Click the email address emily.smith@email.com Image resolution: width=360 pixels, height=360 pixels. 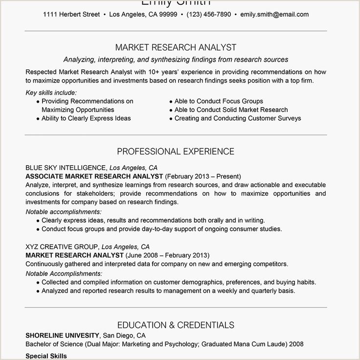(274, 14)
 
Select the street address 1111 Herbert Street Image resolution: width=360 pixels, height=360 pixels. (71, 14)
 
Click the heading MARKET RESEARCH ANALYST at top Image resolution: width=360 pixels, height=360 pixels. (176, 47)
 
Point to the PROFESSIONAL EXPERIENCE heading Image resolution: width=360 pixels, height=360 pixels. (176, 151)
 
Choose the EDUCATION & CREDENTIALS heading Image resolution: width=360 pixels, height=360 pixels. (176, 325)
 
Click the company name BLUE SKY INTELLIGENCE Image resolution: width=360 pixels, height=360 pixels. (66, 167)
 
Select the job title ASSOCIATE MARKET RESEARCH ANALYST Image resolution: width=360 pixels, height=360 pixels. (94, 176)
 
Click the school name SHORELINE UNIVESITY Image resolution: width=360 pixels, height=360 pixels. (63, 336)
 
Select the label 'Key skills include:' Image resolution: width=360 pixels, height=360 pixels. (51, 92)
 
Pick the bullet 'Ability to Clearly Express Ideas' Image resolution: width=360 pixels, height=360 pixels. (86, 118)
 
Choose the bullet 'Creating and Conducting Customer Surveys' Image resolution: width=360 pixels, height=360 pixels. (238, 118)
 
